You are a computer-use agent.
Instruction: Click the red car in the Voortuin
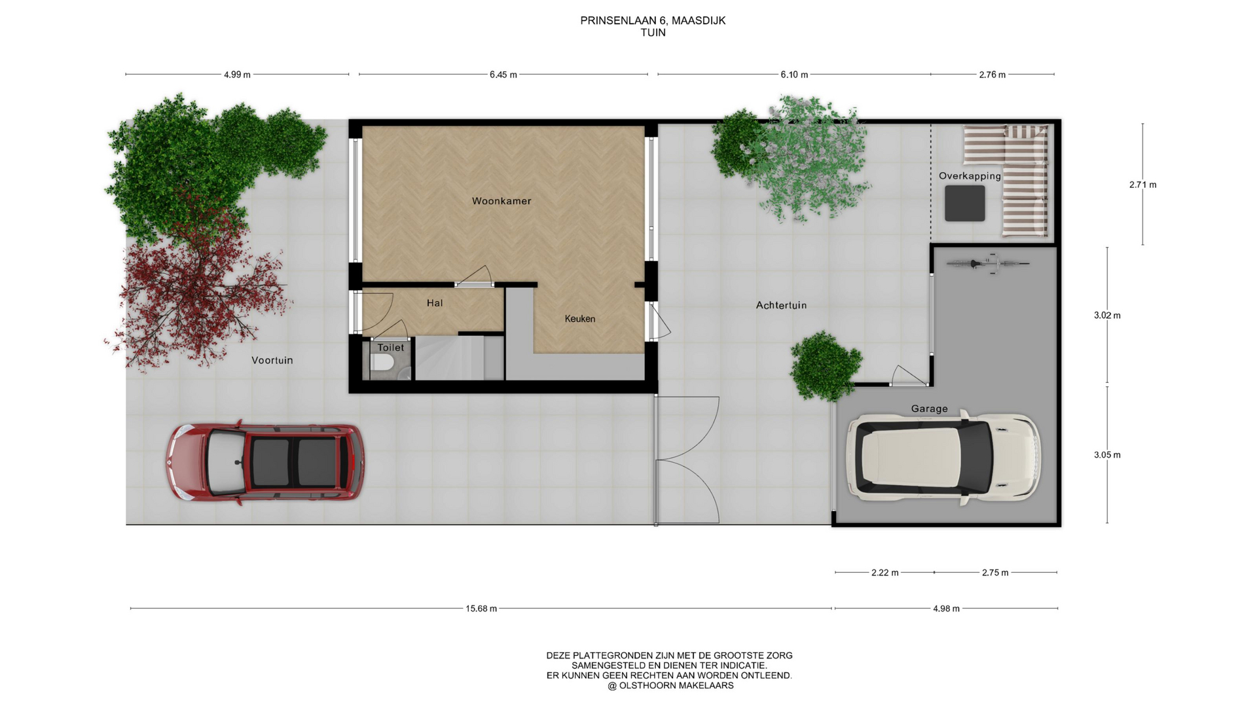click(264, 462)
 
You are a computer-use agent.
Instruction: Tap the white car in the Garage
click(943, 457)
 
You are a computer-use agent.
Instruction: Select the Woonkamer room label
click(501, 201)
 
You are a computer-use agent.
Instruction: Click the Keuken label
click(580, 319)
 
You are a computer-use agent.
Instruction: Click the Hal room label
click(435, 303)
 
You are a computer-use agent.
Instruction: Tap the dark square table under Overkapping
click(965, 203)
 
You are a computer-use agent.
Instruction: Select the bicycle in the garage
click(988, 263)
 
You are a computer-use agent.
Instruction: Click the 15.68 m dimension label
click(481, 609)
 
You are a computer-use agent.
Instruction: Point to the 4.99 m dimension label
click(237, 75)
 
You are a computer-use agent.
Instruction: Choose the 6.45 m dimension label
click(503, 75)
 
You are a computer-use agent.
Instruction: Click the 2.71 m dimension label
click(1143, 185)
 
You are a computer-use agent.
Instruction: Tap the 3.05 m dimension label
click(1107, 455)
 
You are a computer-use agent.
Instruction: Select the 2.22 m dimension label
click(885, 573)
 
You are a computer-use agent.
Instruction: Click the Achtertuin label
click(781, 305)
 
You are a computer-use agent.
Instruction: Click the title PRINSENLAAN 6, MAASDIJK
click(653, 20)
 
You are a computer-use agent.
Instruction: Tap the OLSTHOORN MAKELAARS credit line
click(670, 685)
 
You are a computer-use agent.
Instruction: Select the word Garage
click(929, 409)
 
